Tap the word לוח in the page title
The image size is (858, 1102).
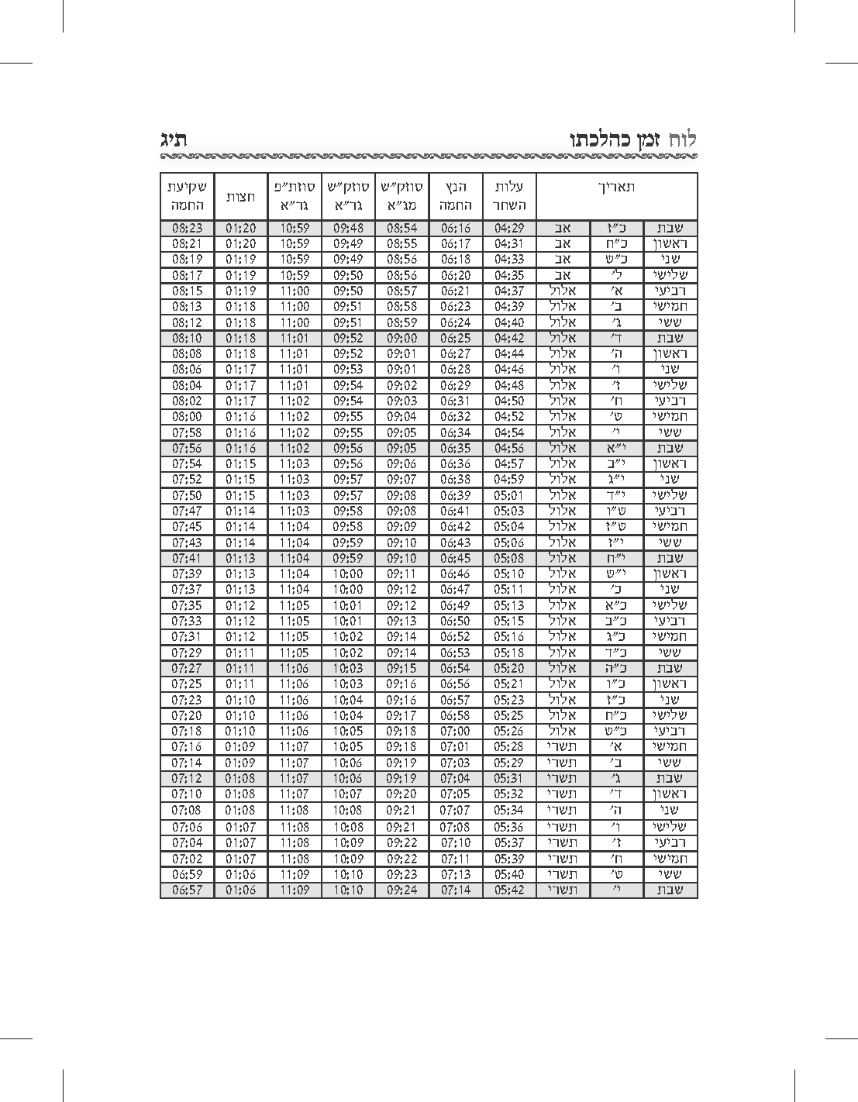(x=683, y=139)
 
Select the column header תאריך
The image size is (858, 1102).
(x=616, y=188)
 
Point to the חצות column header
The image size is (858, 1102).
(x=240, y=197)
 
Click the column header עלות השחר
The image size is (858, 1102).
(x=509, y=197)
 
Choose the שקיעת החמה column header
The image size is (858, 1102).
(x=187, y=197)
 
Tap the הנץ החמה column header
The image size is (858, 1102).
(x=456, y=197)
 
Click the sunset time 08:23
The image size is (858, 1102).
(x=187, y=229)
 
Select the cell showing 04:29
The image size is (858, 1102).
(x=509, y=229)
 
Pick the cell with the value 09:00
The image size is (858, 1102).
(x=401, y=339)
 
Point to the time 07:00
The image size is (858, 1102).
(x=456, y=732)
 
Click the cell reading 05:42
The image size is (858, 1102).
(x=509, y=890)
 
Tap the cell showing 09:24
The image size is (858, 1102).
(x=401, y=890)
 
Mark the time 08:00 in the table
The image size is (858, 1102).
(x=187, y=417)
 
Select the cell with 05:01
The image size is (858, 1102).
(x=509, y=495)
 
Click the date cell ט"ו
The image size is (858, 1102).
(x=616, y=511)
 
